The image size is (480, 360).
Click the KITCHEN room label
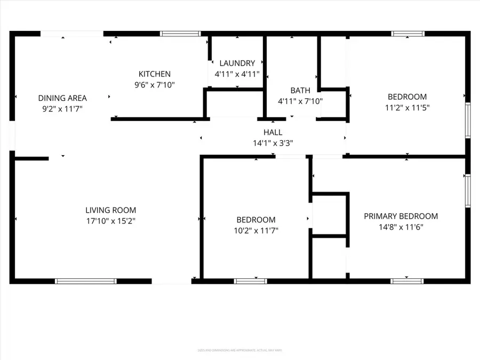tap(155, 74)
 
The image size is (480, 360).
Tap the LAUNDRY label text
tap(237, 63)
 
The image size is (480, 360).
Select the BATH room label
tap(300, 90)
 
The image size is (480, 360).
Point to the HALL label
tap(273, 132)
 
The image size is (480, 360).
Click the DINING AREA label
tap(62, 98)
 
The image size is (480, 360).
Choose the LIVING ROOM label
tap(111, 210)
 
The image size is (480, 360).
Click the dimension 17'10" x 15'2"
tap(111, 221)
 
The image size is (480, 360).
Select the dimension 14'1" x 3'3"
tap(273, 143)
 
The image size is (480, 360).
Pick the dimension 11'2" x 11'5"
tap(407, 107)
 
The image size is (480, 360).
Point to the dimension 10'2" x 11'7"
tap(256, 230)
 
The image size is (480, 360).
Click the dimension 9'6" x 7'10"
tap(155, 85)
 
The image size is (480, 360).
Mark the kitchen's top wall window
tap(177, 34)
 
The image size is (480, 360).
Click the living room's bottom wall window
tap(85, 281)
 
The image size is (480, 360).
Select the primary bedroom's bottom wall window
tap(407, 281)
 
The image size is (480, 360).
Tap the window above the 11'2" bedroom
tap(408, 34)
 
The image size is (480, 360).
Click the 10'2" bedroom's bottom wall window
tap(251, 281)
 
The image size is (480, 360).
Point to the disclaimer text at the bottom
tap(240, 350)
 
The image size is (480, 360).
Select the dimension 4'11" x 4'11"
tap(237, 74)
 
